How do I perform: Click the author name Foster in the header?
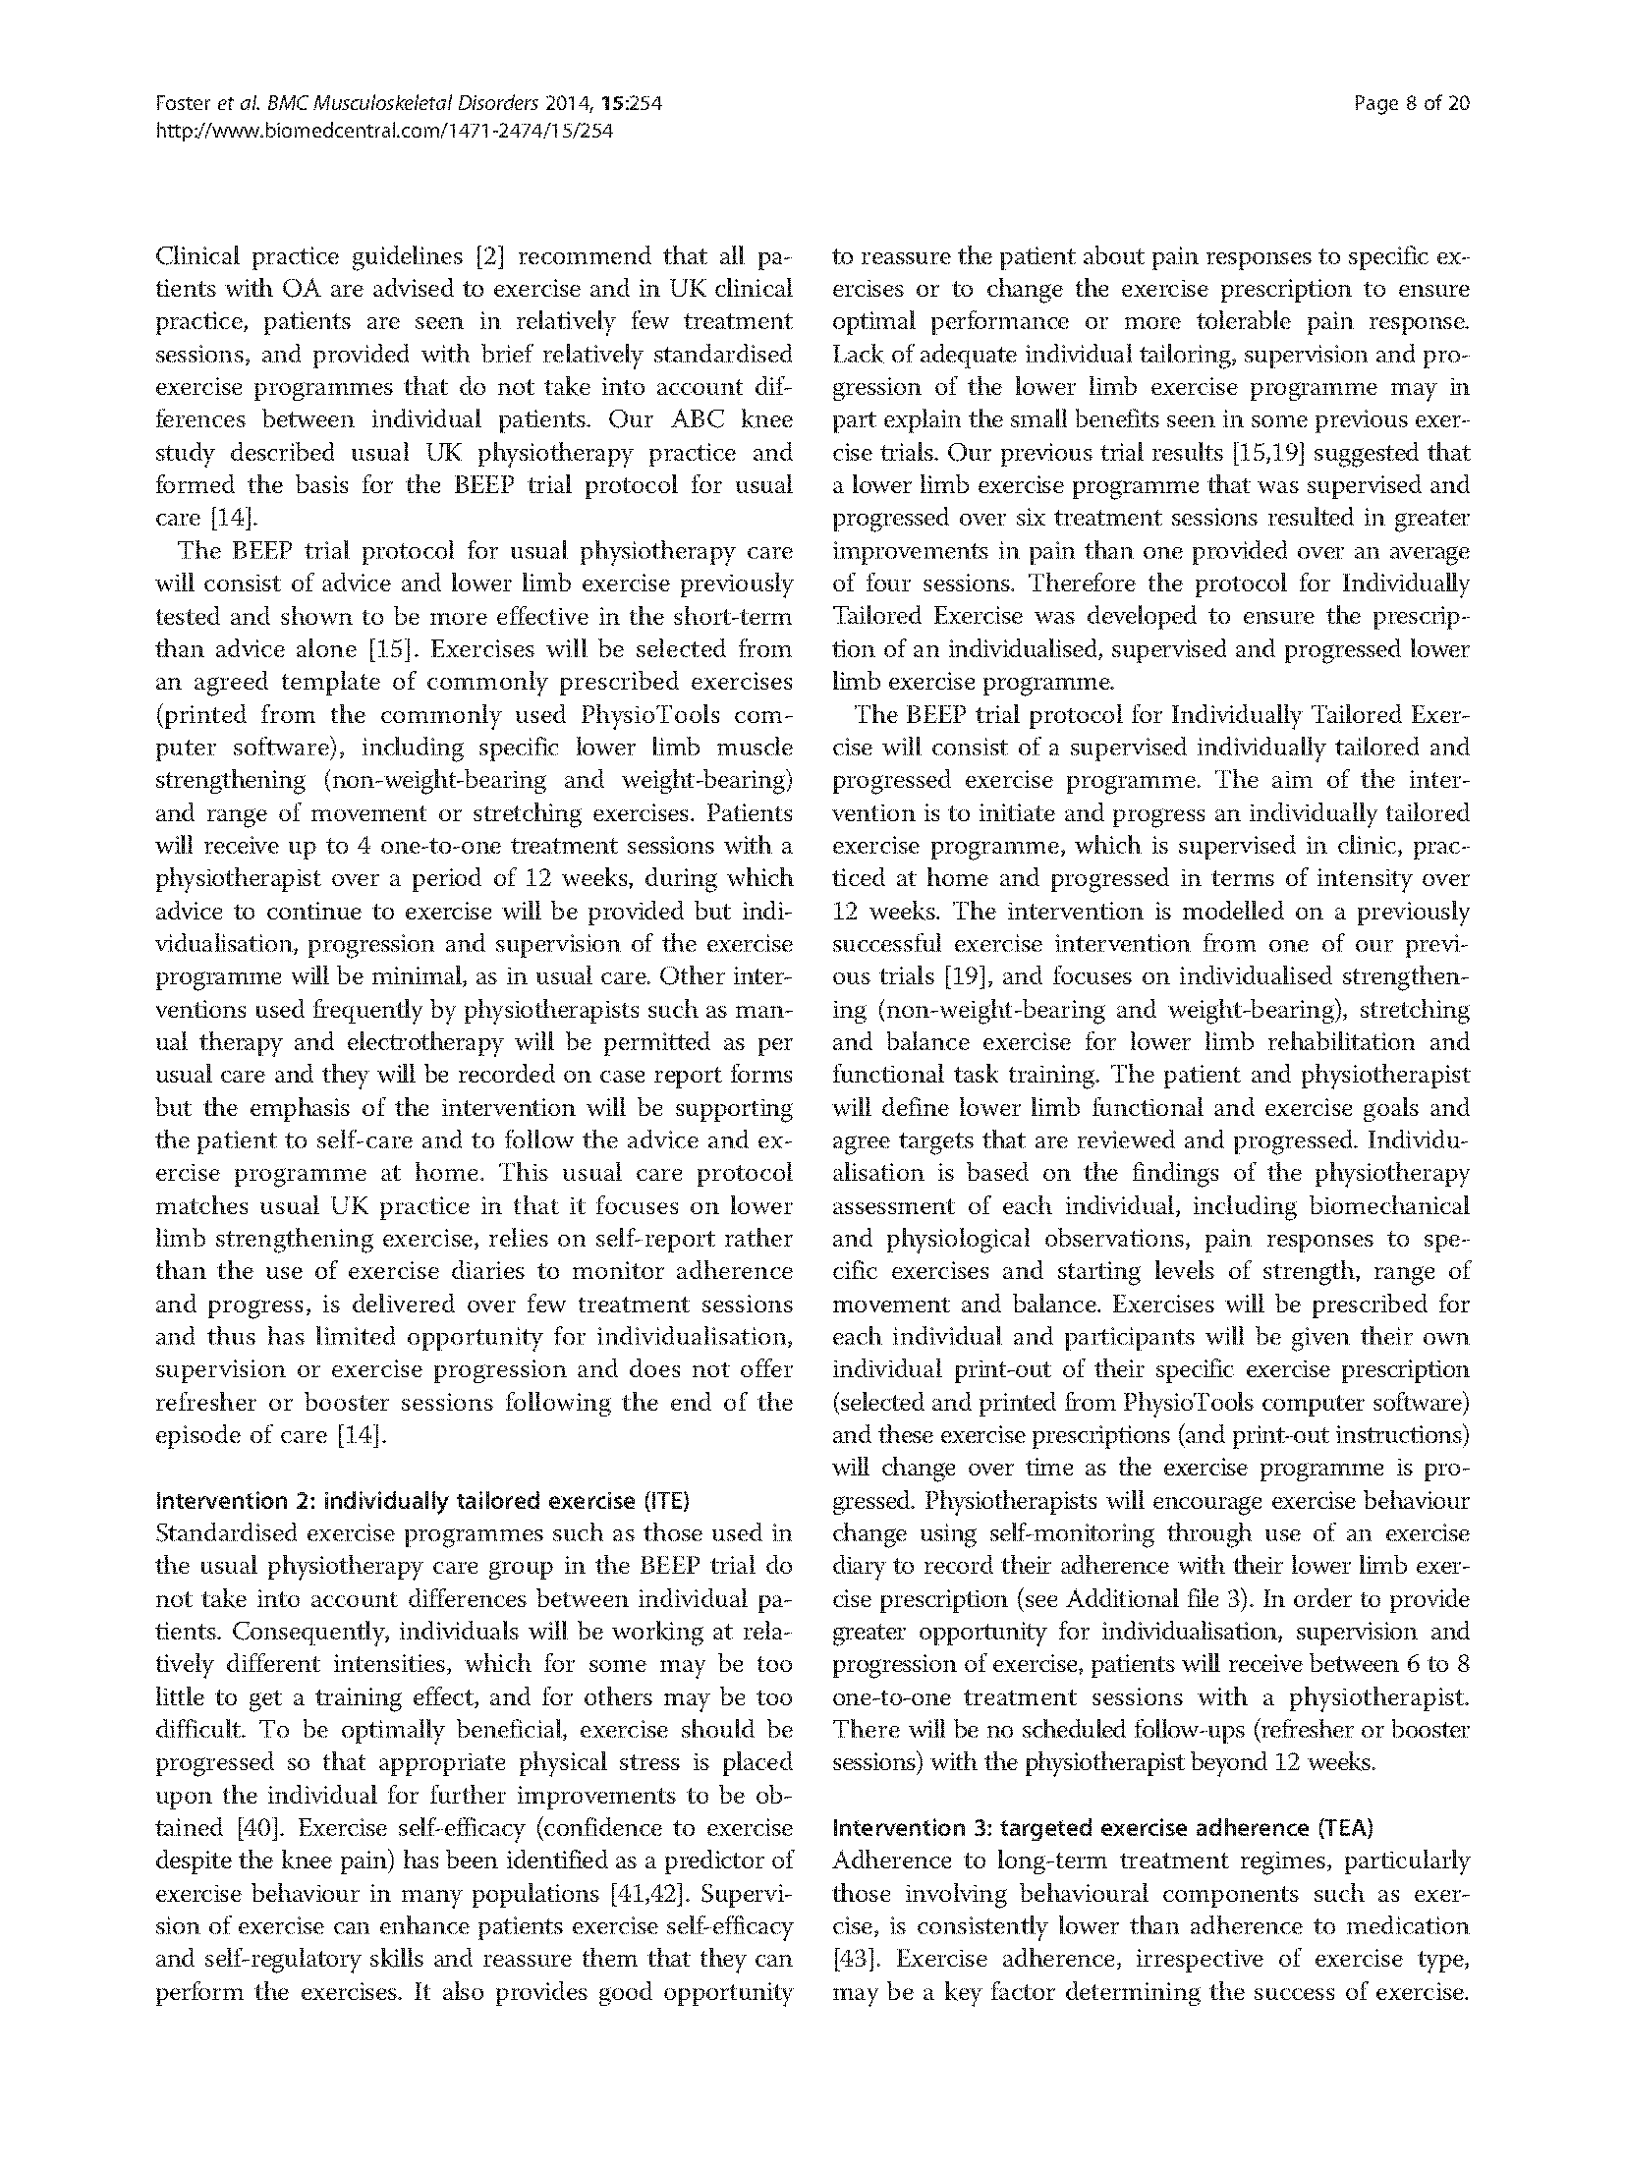(180, 103)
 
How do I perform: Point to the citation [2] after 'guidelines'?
(489, 257)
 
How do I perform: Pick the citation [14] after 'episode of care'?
(363, 1435)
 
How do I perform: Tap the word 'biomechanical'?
(1389, 1206)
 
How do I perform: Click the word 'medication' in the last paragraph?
(1414, 1926)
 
